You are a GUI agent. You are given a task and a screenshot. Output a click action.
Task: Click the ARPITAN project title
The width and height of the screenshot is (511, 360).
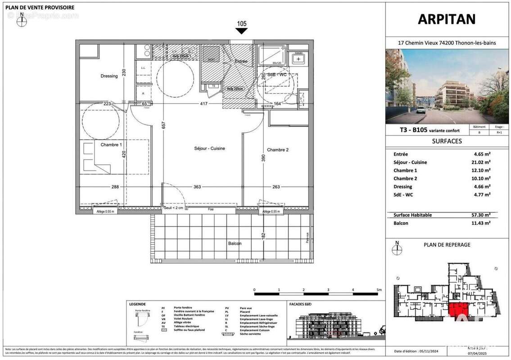pyautogui.click(x=447, y=19)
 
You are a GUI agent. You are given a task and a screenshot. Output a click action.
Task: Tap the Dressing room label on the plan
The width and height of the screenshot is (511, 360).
pyautogui.click(x=109, y=76)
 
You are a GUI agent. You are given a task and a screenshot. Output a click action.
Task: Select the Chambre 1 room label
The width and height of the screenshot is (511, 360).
pyautogui.click(x=111, y=145)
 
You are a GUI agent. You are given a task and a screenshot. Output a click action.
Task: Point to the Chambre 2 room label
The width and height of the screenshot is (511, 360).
pyautogui.click(x=277, y=150)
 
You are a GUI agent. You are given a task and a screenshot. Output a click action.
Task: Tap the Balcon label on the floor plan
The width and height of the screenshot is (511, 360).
pyautogui.click(x=234, y=243)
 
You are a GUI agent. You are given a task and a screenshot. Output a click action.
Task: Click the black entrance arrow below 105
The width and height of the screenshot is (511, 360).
pyautogui.click(x=242, y=31)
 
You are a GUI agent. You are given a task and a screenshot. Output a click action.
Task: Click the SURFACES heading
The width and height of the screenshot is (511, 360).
pyautogui.click(x=447, y=141)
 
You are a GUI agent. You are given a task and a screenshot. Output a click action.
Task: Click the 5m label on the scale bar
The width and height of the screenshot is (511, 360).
pyautogui.click(x=379, y=290)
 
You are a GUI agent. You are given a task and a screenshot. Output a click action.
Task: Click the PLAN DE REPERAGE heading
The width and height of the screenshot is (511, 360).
pyautogui.click(x=447, y=245)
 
